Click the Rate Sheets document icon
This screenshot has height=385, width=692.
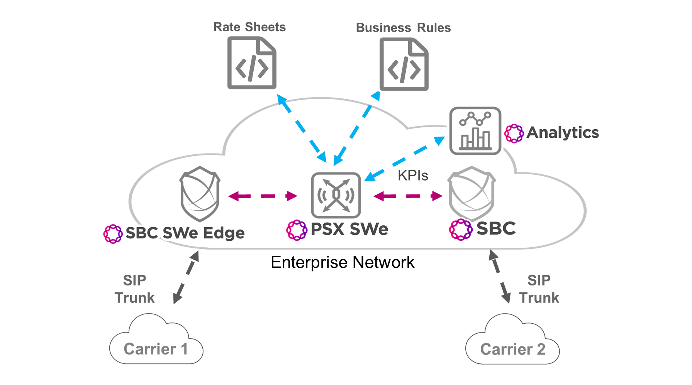pos(252,63)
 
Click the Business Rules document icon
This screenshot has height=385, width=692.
pos(404,64)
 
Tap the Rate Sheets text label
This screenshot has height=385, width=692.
pos(249,27)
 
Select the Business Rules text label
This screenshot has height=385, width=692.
pos(403,28)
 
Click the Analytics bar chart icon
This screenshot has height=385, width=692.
pos(475,131)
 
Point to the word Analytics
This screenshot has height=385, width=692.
pos(562,133)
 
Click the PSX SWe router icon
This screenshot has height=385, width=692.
pos(336,195)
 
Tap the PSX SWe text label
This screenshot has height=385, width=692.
pos(349,229)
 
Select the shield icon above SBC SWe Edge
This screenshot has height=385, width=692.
pos(200,194)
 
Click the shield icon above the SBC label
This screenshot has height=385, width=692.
pos(472,194)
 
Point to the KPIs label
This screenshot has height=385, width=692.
pos(413,176)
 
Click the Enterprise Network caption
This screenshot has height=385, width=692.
pos(342,262)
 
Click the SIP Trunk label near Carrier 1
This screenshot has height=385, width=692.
pos(134,289)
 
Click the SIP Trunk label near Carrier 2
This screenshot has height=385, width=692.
pos(539,289)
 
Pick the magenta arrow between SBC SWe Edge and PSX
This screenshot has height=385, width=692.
pos(263,196)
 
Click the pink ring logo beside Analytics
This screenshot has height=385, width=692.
pos(514,133)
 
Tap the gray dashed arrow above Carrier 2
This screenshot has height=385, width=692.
pos(500,277)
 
